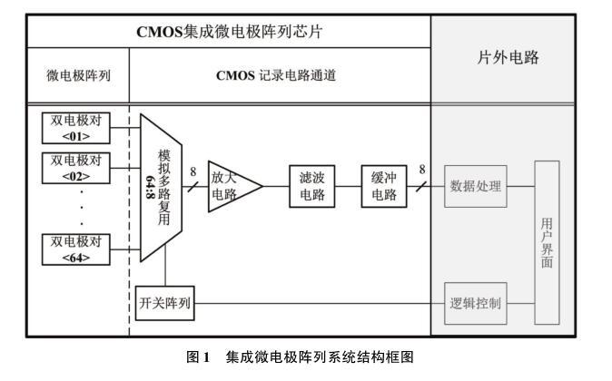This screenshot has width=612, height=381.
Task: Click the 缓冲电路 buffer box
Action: coord(383,186)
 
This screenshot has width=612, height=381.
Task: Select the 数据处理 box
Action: coord(475,187)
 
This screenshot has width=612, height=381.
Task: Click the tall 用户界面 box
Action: coord(547,242)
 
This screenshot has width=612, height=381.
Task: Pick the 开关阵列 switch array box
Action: coord(164,302)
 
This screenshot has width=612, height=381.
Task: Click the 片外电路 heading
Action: coord(508,57)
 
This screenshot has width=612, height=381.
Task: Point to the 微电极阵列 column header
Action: coord(78,75)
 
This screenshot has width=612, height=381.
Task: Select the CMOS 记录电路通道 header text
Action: coord(276,75)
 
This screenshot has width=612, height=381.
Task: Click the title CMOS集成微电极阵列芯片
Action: coord(230,32)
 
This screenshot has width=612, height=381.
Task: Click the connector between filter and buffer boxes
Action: coord(348,187)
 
